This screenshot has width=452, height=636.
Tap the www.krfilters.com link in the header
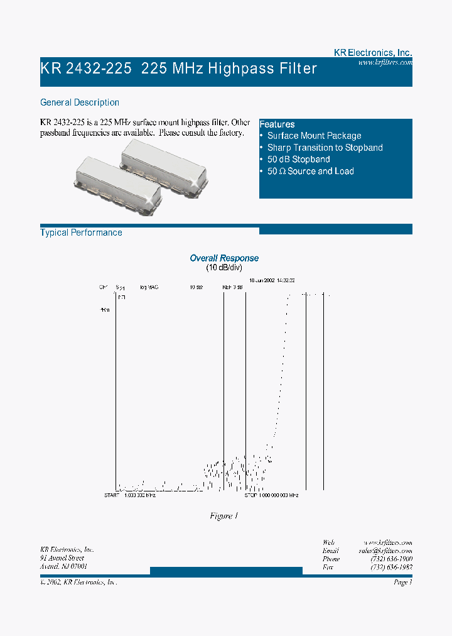pyautogui.click(x=385, y=63)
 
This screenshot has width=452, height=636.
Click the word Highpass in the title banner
pyautogui.click(x=242, y=69)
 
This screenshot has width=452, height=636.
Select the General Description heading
pyautogui.click(x=80, y=102)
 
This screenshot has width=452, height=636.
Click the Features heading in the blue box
pyautogui.click(x=277, y=124)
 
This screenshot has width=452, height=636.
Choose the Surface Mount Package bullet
pyautogui.click(x=314, y=136)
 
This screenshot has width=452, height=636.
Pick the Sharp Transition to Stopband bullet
pyautogui.click(x=325, y=148)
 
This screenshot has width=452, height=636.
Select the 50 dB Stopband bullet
pyautogui.click(x=298, y=160)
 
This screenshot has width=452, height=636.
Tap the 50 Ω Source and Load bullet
pyautogui.click(x=310, y=172)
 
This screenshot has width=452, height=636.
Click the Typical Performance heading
pyautogui.click(x=81, y=233)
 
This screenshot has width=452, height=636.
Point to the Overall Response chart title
pyautogui.click(x=224, y=258)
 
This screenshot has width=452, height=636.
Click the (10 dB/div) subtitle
pyautogui.click(x=224, y=268)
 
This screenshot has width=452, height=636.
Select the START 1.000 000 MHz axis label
pyautogui.click(x=130, y=495)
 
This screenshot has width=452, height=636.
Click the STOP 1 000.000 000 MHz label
pyautogui.click(x=271, y=495)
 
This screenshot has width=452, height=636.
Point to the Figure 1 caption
pyautogui.click(x=224, y=516)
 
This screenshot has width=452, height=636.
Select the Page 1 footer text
pyautogui.click(x=402, y=583)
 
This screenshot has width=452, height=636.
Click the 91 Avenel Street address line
pyautogui.click(x=62, y=558)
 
